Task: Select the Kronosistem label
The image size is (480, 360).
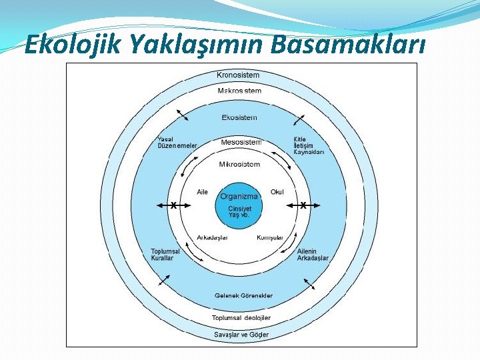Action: click(238, 75)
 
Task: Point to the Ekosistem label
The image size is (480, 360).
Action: click(239, 118)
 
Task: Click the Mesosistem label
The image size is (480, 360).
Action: click(241, 142)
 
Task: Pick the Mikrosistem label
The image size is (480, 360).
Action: click(240, 164)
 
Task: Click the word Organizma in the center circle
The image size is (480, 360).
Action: click(239, 196)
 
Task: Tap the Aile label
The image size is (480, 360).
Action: click(203, 192)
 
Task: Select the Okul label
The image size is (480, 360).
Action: click(277, 192)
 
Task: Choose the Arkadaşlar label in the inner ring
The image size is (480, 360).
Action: click(213, 237)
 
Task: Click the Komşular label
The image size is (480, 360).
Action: click(270, 237)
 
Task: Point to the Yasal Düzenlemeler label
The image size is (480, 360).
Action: click(177, 142)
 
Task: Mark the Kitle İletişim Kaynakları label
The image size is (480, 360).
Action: click(309, 146)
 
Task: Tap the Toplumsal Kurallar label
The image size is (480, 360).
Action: click(165, 255)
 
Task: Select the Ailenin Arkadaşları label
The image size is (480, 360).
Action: click(313, 255)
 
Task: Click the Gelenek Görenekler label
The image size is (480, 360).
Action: click(243, 295)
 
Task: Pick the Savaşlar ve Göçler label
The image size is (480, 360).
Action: click(241, 334)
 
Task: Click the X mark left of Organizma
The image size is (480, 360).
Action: click(173, 205)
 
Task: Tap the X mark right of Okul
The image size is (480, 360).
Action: click(303, 205)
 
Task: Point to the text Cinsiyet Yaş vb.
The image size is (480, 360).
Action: click(239, 211)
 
